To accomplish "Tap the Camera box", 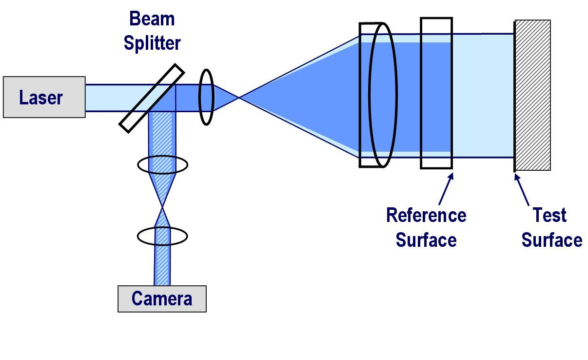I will click(x=162, y=299).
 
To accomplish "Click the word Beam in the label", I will click(x=152, y=19).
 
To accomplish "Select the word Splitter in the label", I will click(x=152, y=43).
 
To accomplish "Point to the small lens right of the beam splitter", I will click(x=206, y=97).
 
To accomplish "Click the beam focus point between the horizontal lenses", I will click(x=239, y=98).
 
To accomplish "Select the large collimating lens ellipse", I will click(x=383, y=95).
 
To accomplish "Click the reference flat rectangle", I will click(x=436, y=93).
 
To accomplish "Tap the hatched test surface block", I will click(x=532, y=95).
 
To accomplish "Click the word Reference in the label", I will click(x=426, y=215).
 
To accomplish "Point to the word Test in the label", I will click(x=549, y=215).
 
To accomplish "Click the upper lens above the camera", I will click(x=162, y=165).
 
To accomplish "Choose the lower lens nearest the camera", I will click(x=162, y=236).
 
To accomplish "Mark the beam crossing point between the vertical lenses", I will click(x=162, y=207).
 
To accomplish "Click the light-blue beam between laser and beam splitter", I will click(x=105, y=98).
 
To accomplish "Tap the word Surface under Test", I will click(x=551, y=240).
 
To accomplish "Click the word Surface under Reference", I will click(x=426, y=240).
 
